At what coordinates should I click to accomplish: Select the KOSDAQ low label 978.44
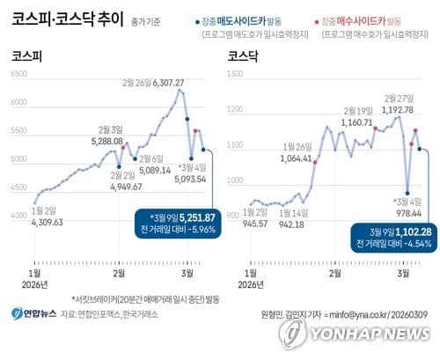click(x=410, y=213)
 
